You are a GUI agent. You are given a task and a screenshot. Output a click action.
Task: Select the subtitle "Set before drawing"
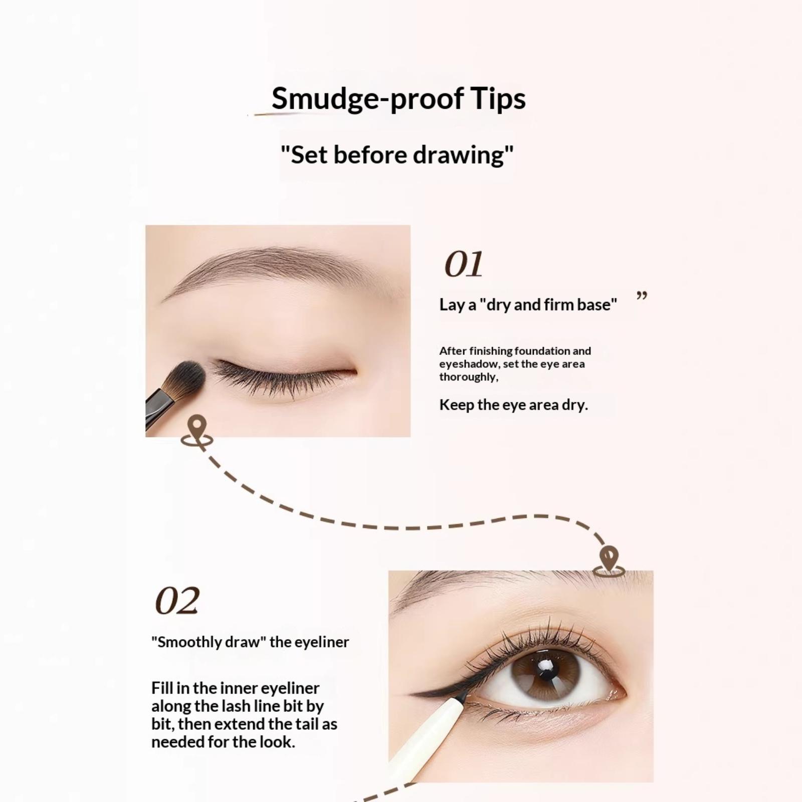(x=397, y=155)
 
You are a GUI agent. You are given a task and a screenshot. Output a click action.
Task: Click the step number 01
(x=464, y=264)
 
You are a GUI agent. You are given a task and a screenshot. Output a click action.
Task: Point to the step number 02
(x=177, y=600)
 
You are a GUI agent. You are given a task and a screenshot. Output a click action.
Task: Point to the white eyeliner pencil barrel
(x=426, y=737)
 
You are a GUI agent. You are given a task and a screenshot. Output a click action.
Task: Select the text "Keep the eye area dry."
(x=513, y=405)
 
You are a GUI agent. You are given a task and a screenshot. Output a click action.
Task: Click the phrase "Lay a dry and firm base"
(x=528, y=305)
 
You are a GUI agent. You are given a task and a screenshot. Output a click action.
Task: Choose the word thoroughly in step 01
(x=469, y=377)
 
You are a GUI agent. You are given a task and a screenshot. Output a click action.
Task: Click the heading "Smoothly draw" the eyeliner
(x=250, y=642)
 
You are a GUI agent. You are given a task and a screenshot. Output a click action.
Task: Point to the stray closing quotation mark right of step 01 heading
(x=642, y=296)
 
